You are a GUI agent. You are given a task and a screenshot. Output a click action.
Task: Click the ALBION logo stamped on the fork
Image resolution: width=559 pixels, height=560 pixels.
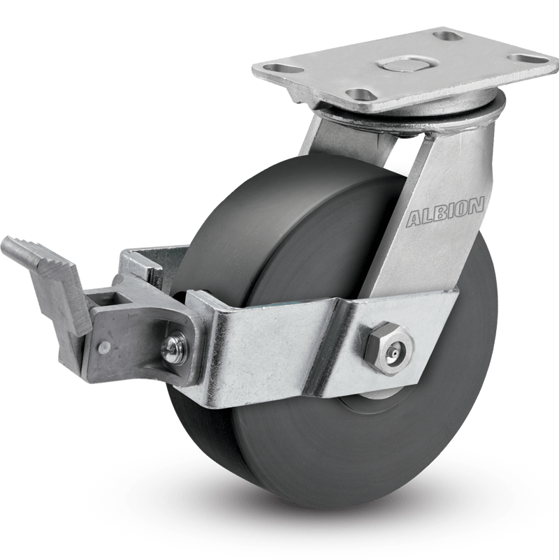point(445,212)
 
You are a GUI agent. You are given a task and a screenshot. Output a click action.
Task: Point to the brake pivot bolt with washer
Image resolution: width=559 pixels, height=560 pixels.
point(174,346)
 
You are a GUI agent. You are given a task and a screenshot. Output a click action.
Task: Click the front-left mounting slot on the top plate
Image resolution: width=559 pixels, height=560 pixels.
point(359,85)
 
